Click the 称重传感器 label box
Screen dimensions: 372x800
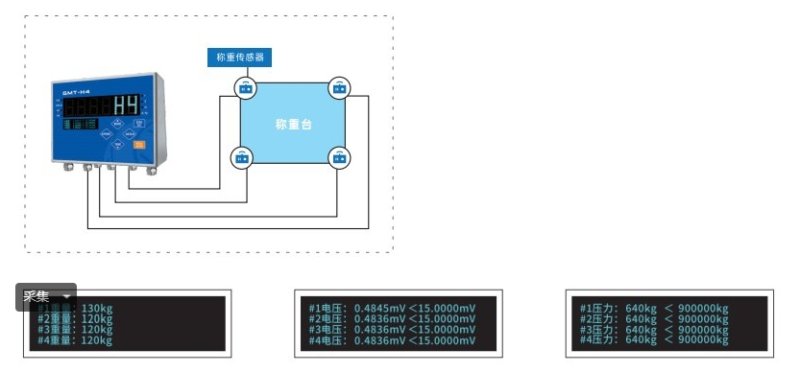click(240, 57)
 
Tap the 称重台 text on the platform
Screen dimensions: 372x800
click(293, 125)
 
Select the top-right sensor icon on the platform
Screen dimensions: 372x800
click(341, 88)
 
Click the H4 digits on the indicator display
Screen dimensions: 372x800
click(126, 107)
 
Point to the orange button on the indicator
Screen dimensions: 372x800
click(140, 145)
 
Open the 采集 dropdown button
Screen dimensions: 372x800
click(46, 297)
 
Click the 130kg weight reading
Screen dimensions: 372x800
click(96, 308)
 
